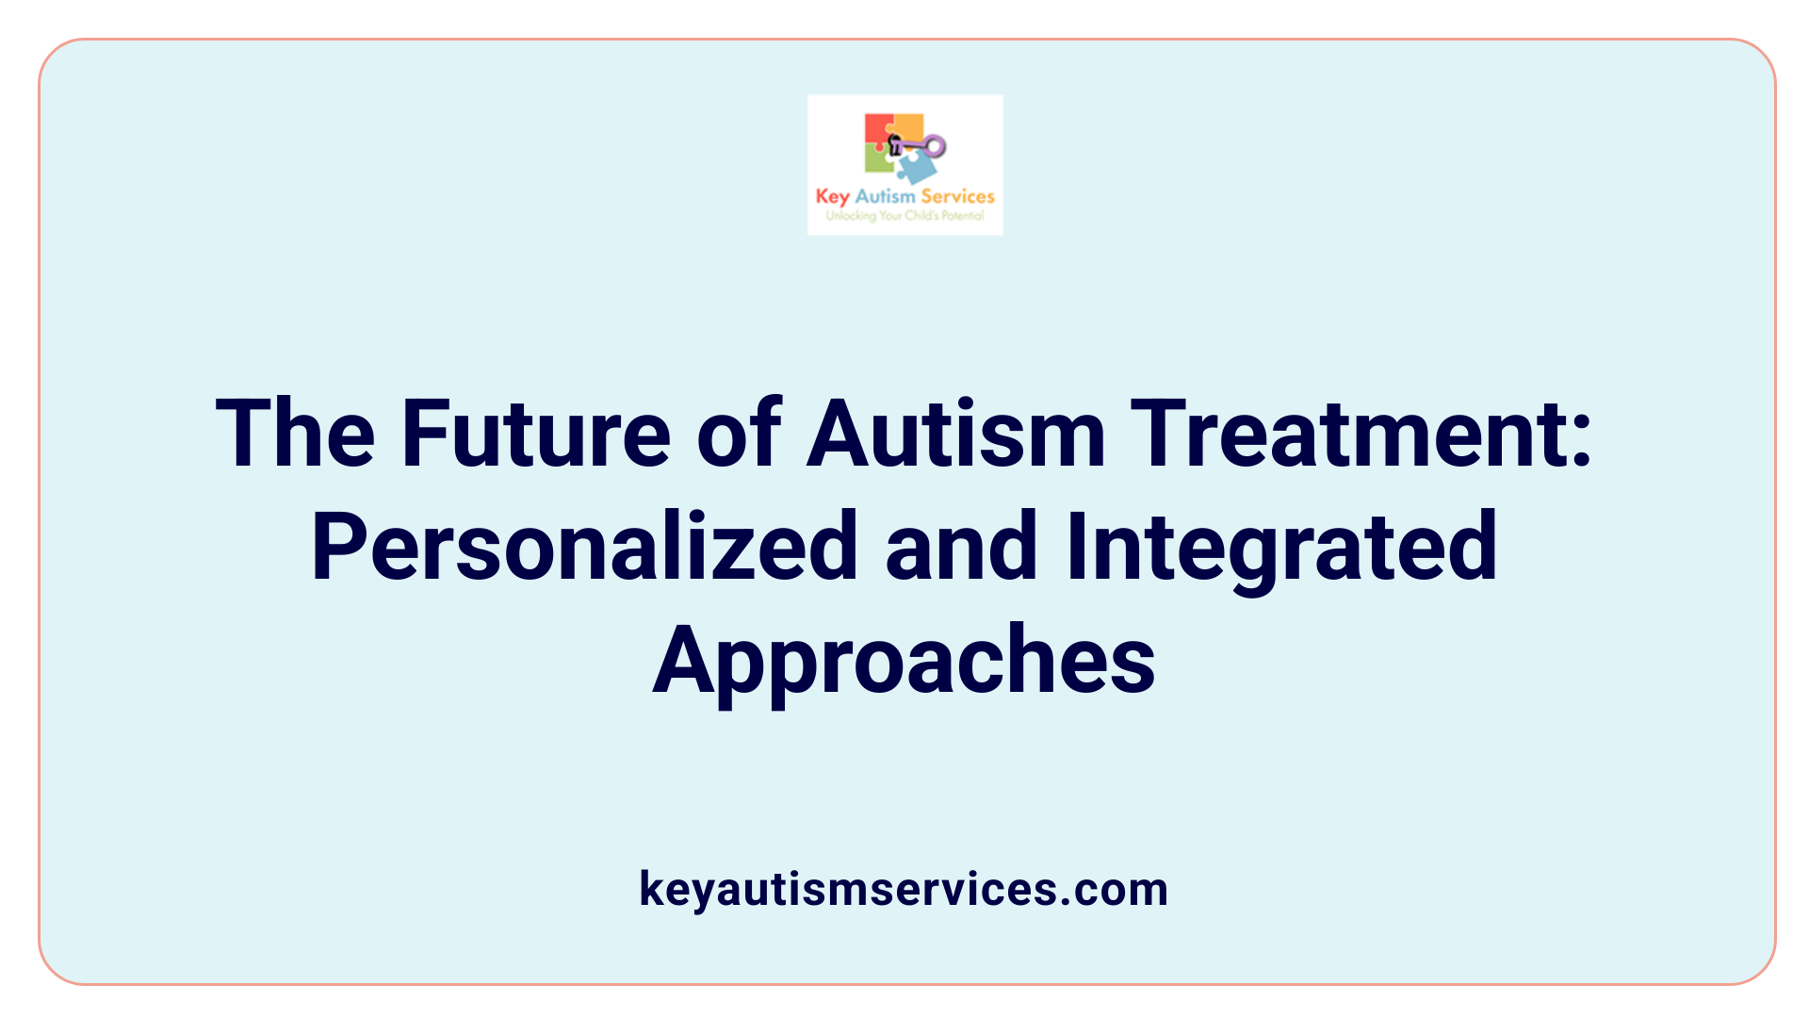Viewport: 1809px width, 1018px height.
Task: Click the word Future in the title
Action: [535, 434]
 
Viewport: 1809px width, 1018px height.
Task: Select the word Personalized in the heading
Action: [584, 547]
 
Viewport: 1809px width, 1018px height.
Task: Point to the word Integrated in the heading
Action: [1281, 547]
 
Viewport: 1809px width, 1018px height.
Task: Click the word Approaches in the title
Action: [904, 660]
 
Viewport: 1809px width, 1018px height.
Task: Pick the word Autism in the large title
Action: [955, 434]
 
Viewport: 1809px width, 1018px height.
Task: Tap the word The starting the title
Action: [295, 434]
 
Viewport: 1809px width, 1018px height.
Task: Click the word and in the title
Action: [961, 547]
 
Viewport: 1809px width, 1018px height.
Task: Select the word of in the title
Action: [739, 434]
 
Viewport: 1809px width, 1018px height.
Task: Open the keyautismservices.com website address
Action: [904, 889]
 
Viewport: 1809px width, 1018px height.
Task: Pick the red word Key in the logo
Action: [833, 197]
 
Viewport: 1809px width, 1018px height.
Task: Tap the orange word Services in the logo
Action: [957, 196]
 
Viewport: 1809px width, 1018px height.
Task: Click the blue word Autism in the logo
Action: [885, 196]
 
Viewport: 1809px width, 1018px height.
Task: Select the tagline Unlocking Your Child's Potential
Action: [904, 215]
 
